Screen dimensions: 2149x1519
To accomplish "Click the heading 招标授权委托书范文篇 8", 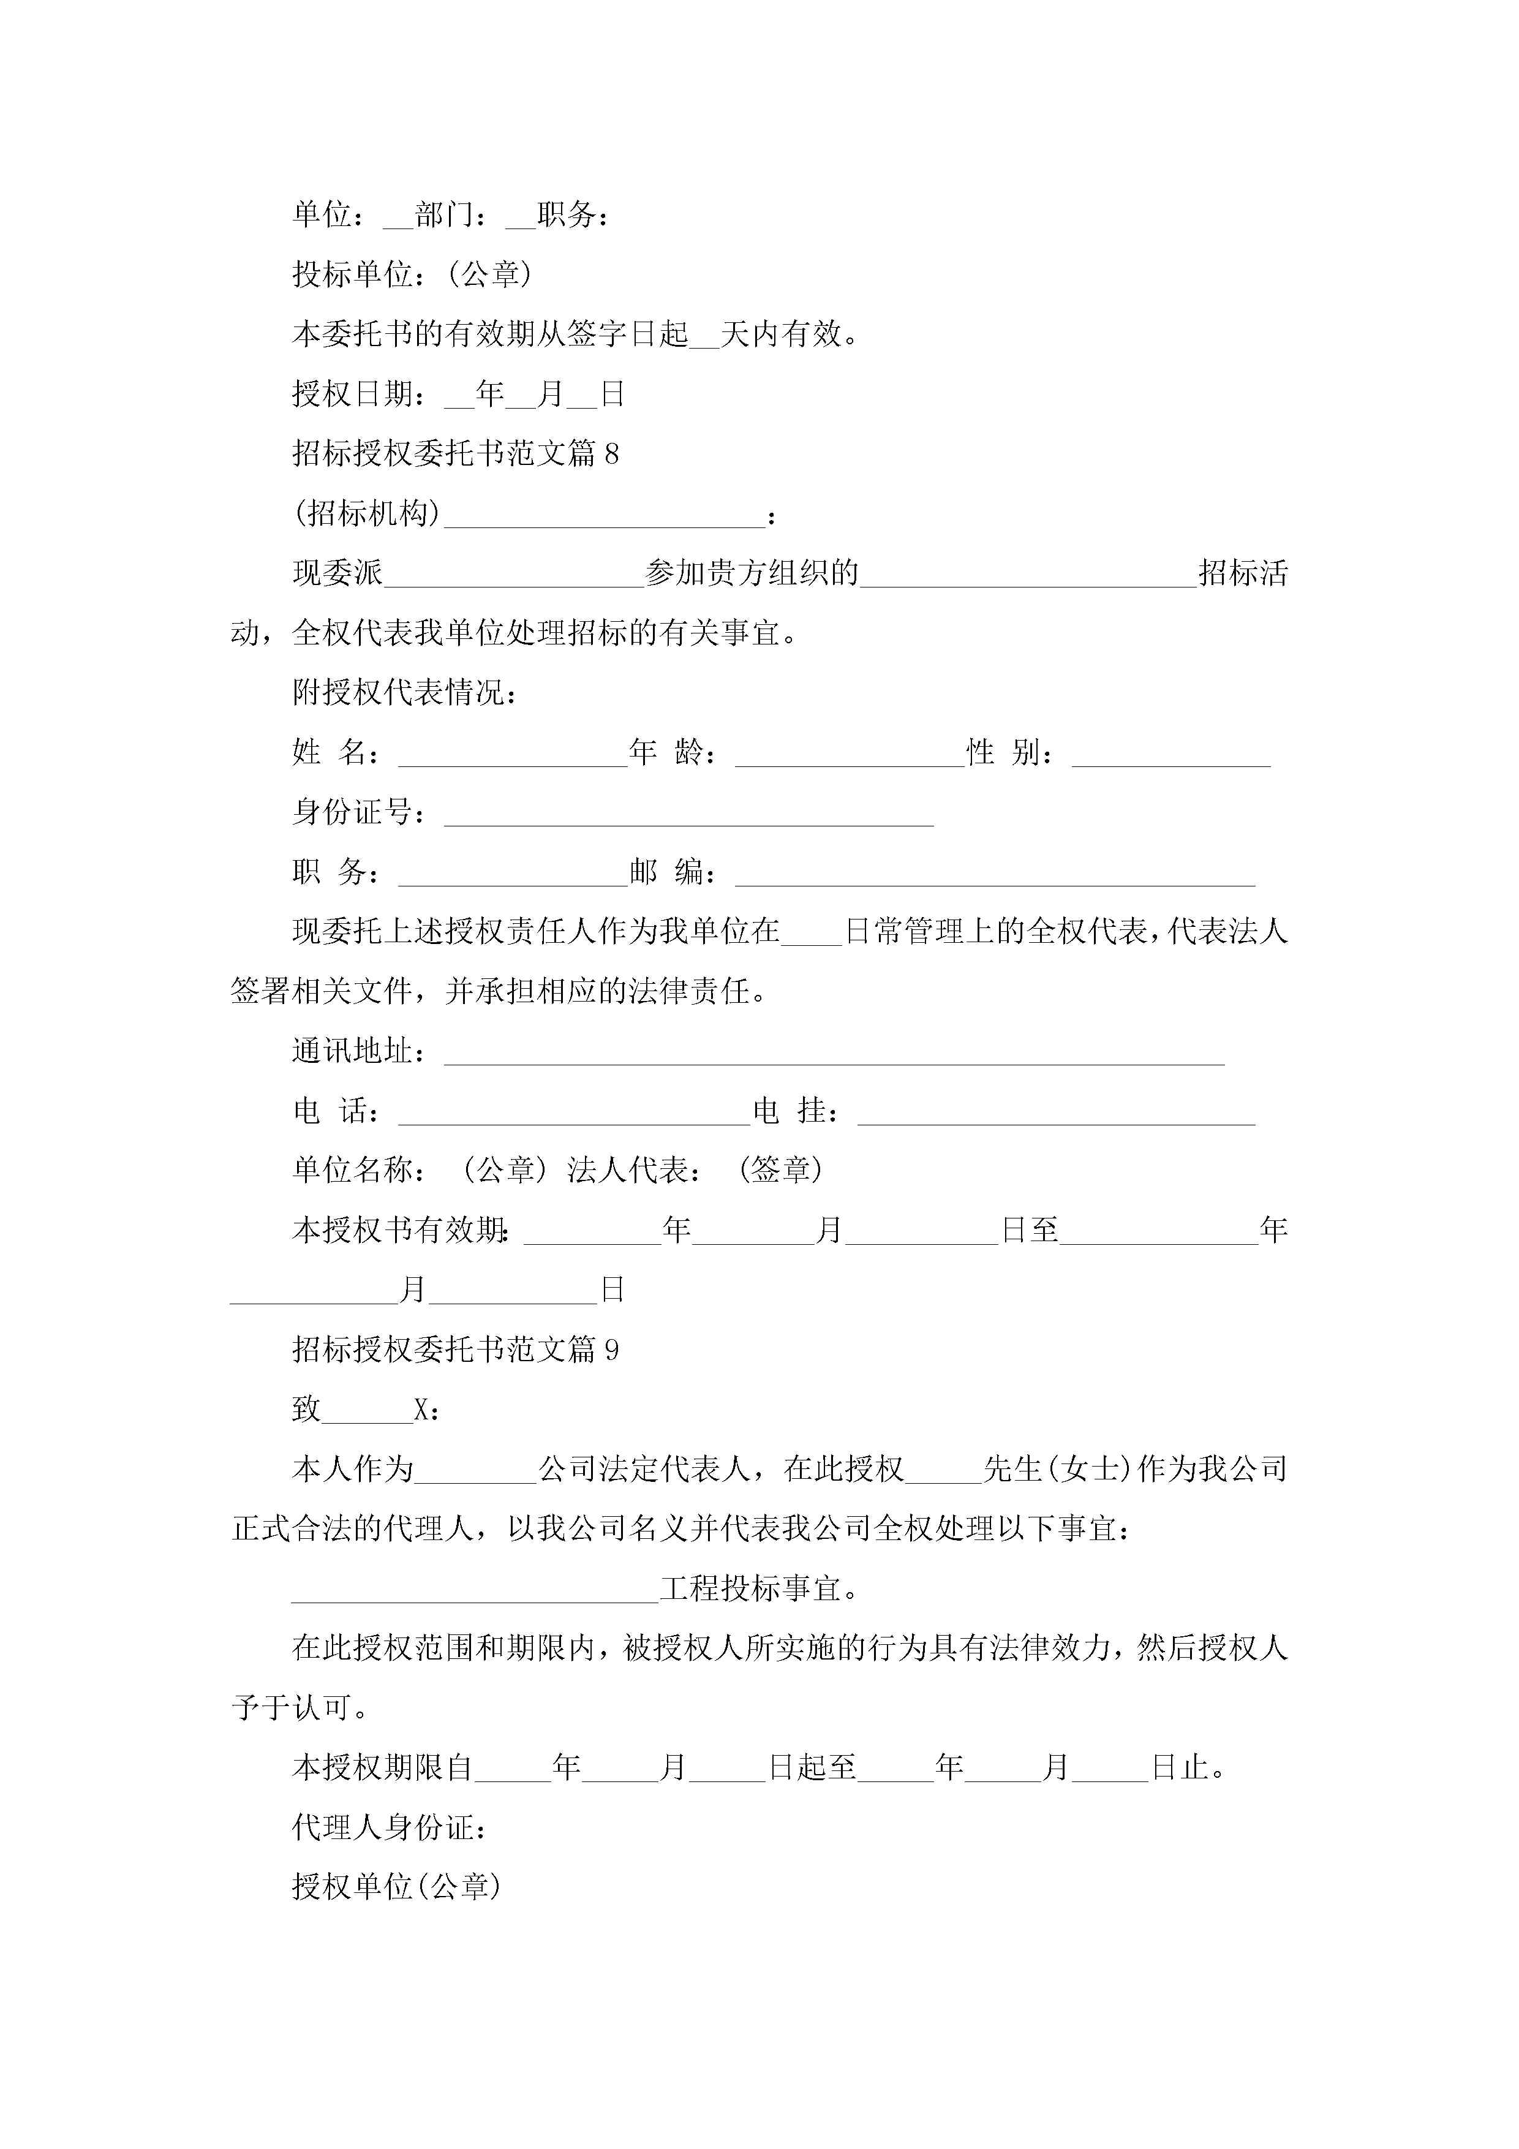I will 455,454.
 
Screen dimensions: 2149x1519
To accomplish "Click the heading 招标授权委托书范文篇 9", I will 455,1350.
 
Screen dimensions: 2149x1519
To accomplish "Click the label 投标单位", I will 352,274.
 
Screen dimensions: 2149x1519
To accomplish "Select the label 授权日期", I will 352,394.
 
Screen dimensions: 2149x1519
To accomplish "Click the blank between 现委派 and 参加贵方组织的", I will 514,576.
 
